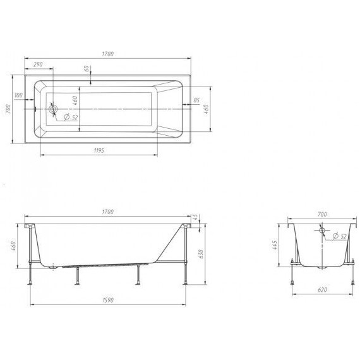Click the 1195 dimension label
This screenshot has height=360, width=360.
[99, 150]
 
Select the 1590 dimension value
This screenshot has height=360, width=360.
[107, 300]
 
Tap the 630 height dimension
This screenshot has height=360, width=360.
[201, 254]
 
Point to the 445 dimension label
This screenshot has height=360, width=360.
[275, 245]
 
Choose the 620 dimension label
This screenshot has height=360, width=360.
[322, 290]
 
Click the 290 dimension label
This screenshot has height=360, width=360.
[38, 64]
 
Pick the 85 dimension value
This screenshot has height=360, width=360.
[196, 100]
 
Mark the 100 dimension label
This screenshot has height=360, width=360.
[18, 95]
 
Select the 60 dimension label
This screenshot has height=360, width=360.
[87, 68]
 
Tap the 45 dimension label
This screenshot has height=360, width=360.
[195, 217]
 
